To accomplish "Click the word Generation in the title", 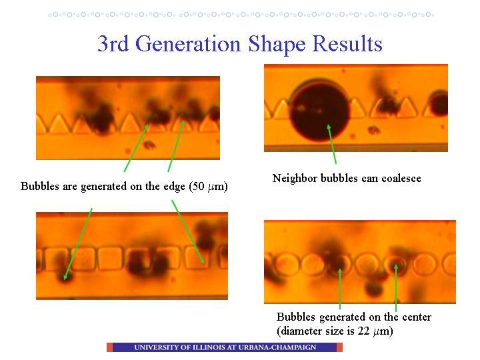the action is click(187, 44).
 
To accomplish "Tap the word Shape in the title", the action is click(277, 45).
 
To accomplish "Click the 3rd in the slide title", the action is click(113, 44).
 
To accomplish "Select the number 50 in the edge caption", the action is click(199, 187).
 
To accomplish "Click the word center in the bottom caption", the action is click(417, 317).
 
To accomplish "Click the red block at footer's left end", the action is click(109, 347).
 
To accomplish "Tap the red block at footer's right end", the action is click(339, 347).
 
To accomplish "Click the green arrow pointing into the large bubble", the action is click(332, 144).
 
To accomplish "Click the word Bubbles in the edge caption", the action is click(40, 187).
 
